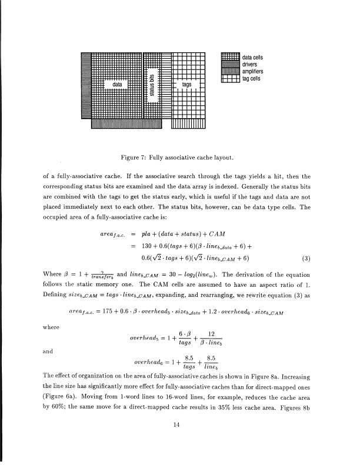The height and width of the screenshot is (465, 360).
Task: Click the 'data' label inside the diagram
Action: click(x=117, y=85)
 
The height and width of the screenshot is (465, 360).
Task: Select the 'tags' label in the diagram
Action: click(x=186, y=85)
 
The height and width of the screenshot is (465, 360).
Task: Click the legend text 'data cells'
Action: click(x=253, y=57)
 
